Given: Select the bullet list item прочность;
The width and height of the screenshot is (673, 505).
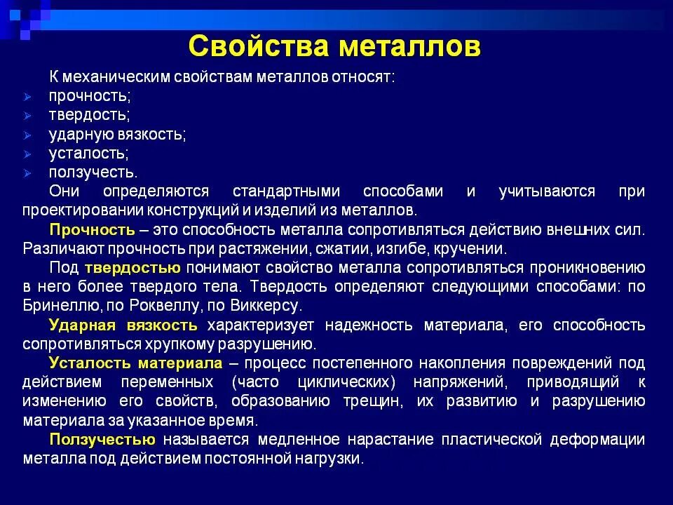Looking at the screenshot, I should (90, 95).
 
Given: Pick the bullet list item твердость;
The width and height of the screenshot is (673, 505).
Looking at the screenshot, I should (89, 114).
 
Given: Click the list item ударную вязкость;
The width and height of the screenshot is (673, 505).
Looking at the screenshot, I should (117, 133).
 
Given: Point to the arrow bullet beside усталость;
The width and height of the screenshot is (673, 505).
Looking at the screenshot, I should (27, 154).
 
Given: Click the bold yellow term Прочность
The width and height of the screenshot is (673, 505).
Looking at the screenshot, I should (92, 229).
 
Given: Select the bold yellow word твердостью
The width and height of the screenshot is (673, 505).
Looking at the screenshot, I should (133, 267).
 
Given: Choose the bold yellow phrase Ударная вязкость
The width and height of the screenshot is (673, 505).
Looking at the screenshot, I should (123, 325).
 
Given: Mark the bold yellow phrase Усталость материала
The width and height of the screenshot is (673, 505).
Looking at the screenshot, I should (135, 363).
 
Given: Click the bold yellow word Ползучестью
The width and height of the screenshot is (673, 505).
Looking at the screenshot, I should (102, 439).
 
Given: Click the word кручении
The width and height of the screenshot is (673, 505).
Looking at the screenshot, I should (470, 248).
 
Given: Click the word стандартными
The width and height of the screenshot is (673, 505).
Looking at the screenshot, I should (286, 191).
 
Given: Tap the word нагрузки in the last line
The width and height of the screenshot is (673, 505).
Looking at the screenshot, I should (334, 459).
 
